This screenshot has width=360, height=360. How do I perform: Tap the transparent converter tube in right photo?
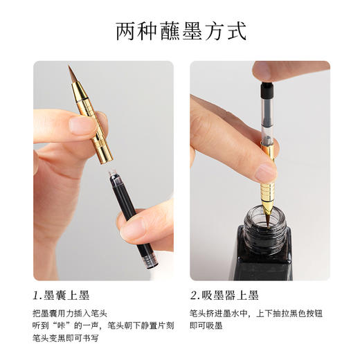point(267,118)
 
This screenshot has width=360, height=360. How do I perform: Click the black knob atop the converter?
point(265,88)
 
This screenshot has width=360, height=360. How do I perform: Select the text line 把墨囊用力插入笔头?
point(70,312)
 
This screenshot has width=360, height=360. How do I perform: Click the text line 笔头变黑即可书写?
point(66,339)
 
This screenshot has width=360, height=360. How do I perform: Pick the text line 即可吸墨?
point(206,325)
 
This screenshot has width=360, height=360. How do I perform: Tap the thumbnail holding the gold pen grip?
point(82,125)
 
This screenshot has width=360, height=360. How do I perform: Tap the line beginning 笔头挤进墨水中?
point(255,312)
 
